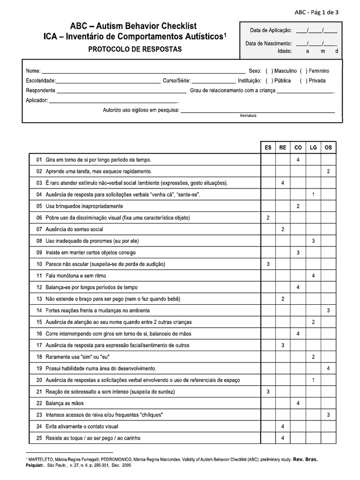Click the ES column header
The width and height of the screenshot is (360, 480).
click(268, 147)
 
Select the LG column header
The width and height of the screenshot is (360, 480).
click(313, 147)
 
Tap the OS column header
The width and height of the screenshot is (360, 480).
click(328, 147)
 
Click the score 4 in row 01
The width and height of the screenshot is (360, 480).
click(298, 160)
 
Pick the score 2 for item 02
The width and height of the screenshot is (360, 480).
click(328, 172)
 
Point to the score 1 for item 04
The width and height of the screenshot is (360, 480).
click(313, 195)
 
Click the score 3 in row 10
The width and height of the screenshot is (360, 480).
click(268, 264)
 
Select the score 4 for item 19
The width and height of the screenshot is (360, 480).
click(328, 368)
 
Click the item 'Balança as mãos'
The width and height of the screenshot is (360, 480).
click(65, 403)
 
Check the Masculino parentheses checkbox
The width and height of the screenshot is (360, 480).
click(269, 71)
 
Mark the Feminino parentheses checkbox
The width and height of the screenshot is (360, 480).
click(303, 71)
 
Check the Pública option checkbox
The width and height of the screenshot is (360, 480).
click(269, 81)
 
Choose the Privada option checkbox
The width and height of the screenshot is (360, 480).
click(303, 81)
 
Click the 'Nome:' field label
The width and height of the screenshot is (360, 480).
click(33, 71)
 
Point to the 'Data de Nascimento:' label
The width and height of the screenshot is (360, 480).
click(268, 44)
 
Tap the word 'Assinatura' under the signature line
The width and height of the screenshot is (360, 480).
click(248, 115)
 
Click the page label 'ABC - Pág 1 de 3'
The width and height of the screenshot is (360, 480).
click(326, 12)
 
